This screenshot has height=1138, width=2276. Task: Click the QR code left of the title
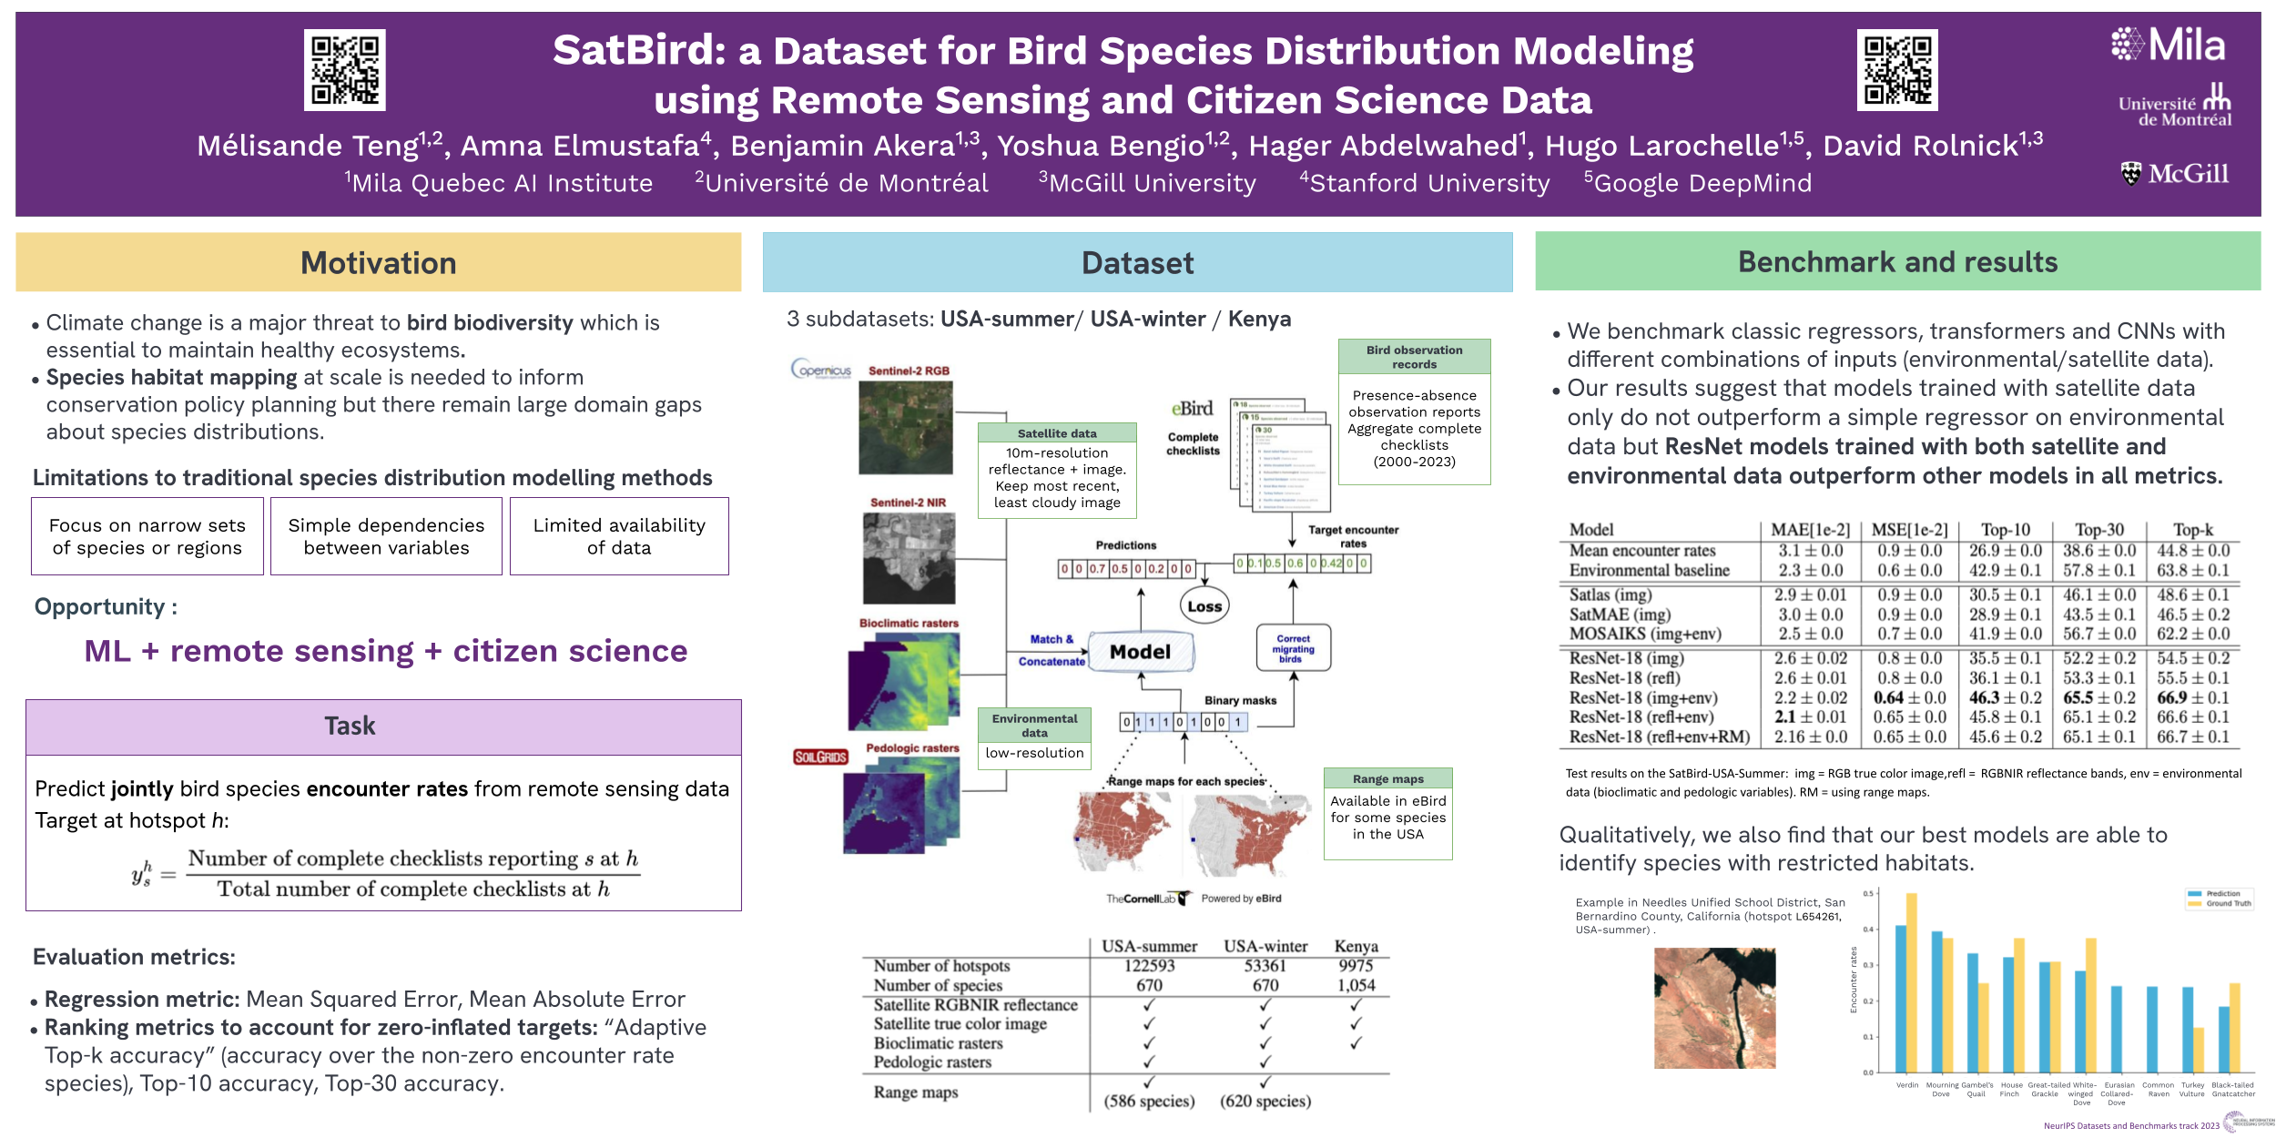click(x=344, y=70)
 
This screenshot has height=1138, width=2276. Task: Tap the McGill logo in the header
click(x=2175, y=173)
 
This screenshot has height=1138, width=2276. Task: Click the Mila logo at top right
click(x=2169, y=44)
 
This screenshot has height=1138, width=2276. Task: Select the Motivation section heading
click(x=378, y=263)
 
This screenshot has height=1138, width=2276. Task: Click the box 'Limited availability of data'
click(x=619, y=536)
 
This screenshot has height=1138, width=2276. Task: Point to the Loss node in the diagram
click(x=1204, y=606)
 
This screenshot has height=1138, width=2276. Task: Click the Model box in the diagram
click(x=1140, y=652)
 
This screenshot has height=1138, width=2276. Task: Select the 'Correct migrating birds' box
click(x=1293, y=648)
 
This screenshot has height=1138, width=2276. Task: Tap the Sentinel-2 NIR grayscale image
click(x=909, y=558)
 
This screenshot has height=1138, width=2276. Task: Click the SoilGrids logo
click(x=820, y=757)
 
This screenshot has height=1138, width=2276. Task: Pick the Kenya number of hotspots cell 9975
click(x=1356, y=965)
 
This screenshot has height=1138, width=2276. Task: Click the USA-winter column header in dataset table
click(x=1265, y=946)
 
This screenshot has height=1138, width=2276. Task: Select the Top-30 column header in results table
click(x=2099, y=530)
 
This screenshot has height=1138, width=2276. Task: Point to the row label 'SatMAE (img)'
click(x=1620, y=615)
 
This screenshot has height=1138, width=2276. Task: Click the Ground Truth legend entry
click(x=2227, y=903)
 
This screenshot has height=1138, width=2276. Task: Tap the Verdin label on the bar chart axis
click(x=1906, y=1085)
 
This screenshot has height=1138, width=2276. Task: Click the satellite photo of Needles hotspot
click(x=1714, y=1008)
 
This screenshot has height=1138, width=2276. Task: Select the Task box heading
click(x=350, y=726)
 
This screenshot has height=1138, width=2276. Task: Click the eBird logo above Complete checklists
click(x=1192, y=409)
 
